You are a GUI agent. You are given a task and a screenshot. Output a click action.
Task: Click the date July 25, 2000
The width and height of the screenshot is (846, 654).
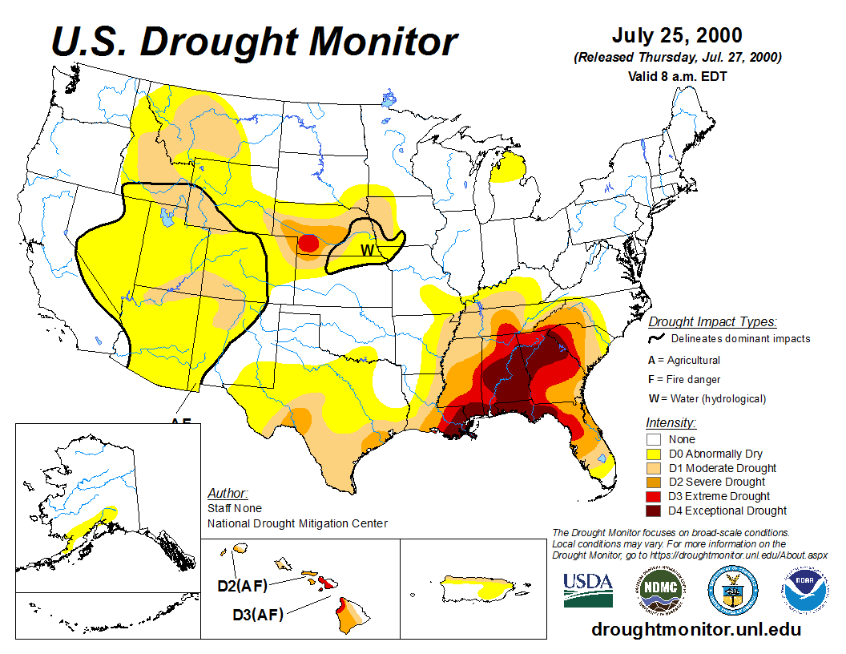[x=677, y=36]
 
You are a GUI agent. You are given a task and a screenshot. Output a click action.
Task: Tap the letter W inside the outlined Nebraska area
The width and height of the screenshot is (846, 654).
[x=367, y=250]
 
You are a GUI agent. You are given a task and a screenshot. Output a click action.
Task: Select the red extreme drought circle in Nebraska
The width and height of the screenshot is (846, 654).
[x=308, y=243]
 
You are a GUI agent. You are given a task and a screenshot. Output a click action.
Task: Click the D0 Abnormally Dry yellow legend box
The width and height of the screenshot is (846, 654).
[x=654, y=454]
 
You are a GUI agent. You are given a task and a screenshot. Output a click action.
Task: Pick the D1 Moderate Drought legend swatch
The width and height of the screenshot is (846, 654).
[x=654, y=468]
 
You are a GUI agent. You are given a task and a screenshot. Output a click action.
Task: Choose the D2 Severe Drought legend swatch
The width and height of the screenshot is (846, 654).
[x=654, y=482]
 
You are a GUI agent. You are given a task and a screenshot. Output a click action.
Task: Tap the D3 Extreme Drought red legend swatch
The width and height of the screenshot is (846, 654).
[x=654, y=496]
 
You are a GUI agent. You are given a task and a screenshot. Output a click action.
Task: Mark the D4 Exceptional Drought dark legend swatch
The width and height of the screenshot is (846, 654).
[x=654, y=511]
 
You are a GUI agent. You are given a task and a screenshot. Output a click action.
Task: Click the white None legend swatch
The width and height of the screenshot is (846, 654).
[x=654, y=439]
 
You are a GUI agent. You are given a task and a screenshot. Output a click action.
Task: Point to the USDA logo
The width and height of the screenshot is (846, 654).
[x=588, y=590]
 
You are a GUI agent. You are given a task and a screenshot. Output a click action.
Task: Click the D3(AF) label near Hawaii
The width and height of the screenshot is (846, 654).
[x=257, y=615]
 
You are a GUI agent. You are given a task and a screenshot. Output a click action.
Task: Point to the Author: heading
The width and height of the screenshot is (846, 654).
[x=228, y=493]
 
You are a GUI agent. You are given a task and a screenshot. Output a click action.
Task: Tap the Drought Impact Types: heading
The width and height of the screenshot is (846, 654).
[x=712, y=322]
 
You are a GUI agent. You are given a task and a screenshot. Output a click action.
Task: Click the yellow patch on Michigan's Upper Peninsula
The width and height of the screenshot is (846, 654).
[x=510, y=169]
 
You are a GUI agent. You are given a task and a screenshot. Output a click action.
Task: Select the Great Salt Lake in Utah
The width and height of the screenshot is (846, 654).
[x=167, y=216]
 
